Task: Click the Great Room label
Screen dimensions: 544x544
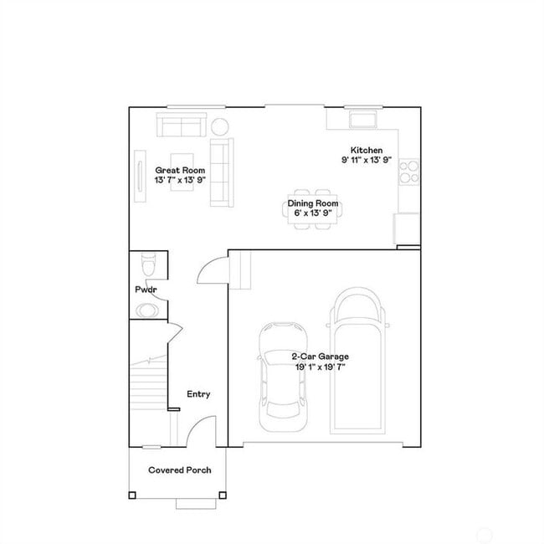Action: pos(180,170)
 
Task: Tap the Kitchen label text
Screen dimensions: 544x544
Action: pos(367,150)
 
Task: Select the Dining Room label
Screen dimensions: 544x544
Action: pos(313,203)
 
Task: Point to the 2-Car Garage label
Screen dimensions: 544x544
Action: pos(321,357)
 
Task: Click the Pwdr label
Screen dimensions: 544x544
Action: pos(146,290)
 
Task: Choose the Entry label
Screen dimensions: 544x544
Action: pos(198,394)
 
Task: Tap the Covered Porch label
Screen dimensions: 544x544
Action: pos(179,470)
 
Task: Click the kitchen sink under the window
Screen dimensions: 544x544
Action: pos(363,119)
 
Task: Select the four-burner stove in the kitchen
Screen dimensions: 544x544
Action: pos(408,172)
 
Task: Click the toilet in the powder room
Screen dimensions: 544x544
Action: pos(148,265)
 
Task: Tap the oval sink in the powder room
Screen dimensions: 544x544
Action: pos(146,310)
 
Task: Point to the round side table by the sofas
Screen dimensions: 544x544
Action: pos(220,126)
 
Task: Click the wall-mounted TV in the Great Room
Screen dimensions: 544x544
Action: pos(137,174)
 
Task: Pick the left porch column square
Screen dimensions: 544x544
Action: pos(131,495)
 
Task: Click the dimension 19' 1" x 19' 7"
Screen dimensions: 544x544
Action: pos(321,366)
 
